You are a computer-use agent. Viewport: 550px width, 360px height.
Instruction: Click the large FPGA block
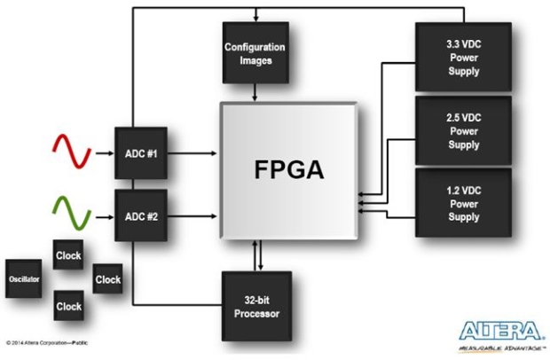(x=288, y=171)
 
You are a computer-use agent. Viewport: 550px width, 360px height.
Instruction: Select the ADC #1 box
(x=141, y=153)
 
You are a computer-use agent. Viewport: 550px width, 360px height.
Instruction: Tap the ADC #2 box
(x=141, y=215)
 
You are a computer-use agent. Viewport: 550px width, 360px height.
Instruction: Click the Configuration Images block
(x=255, y=53)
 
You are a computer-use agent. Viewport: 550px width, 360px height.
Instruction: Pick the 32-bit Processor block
(x=256, y=307)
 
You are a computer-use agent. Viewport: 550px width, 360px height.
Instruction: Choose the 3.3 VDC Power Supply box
(x=463, y=57)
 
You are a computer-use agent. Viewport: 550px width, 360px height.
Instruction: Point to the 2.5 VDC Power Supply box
(x=463, y=130)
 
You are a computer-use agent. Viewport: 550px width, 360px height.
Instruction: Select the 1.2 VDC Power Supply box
(x=463, y=203)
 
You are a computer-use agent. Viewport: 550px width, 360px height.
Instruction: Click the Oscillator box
(x=23, y=278)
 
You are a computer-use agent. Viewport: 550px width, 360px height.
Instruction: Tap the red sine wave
(x=72, y=152)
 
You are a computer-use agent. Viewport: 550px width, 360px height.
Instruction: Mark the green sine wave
(x=72, y=214)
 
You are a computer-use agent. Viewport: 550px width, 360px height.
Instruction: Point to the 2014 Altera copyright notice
(x=47, y=343)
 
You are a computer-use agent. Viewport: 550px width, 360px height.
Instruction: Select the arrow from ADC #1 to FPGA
(x=192, y=153)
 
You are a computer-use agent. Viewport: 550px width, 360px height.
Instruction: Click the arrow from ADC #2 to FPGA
(x=192, y=216)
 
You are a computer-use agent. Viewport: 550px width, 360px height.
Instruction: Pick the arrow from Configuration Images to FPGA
(x=255, y=92)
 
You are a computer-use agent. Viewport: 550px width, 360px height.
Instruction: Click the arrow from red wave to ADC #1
(x=105, y=153)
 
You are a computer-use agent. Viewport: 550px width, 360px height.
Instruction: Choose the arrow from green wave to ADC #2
(x=105, y=217)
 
